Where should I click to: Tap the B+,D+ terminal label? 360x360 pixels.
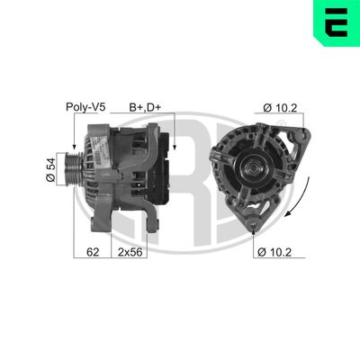coord(147,107)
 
